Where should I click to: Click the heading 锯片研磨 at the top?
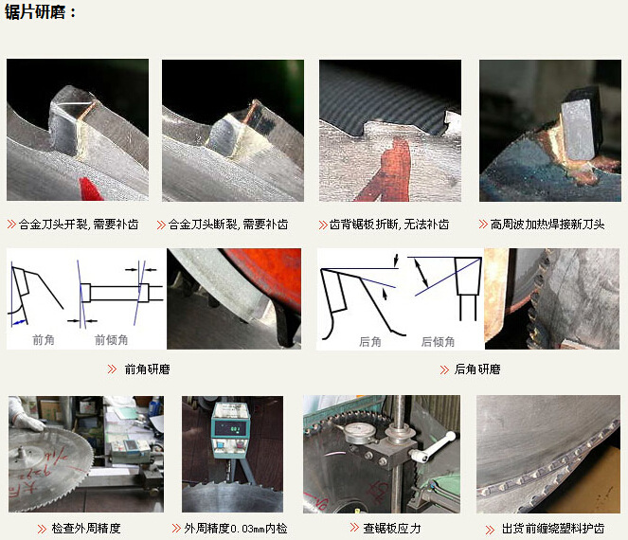pos(38,12)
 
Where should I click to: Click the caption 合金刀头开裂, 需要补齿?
pos(79,225)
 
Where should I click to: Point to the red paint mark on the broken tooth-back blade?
pos(388,171)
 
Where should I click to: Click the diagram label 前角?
pos(44,339)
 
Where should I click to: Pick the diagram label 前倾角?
pos(111,339)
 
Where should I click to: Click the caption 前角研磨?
pos(147,369)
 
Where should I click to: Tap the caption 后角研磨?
pos(476,369)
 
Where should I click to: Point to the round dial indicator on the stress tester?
pos(358,430)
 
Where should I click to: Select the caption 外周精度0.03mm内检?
pos(235,528)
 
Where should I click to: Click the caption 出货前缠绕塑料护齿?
pos(552,529)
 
